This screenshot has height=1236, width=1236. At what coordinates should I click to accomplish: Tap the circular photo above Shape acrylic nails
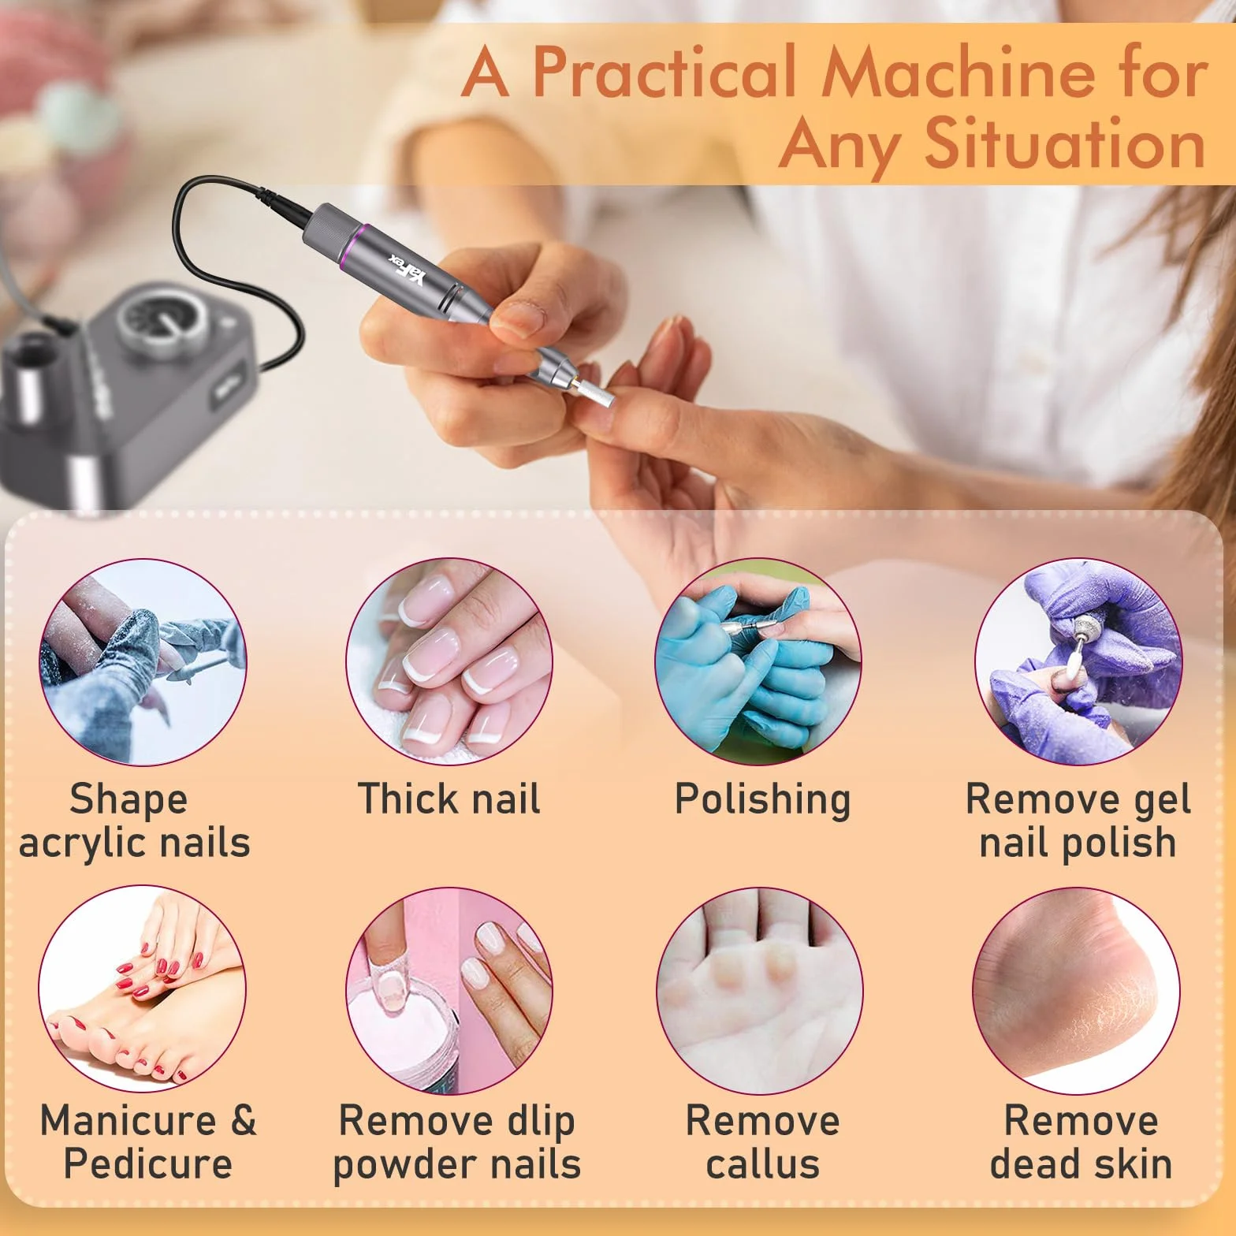click(143, 662)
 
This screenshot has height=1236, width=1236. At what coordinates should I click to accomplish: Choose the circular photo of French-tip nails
click(449, 662)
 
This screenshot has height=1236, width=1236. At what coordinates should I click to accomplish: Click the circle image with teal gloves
click(758, 662)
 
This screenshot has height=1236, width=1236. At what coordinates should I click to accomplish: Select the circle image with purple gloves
click(1078, 662)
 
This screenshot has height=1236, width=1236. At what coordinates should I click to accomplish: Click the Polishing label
click(763, 801)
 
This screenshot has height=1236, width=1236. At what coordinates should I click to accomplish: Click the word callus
click(763, 1164)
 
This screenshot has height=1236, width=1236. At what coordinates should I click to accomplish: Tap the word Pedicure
click(148, 1164)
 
